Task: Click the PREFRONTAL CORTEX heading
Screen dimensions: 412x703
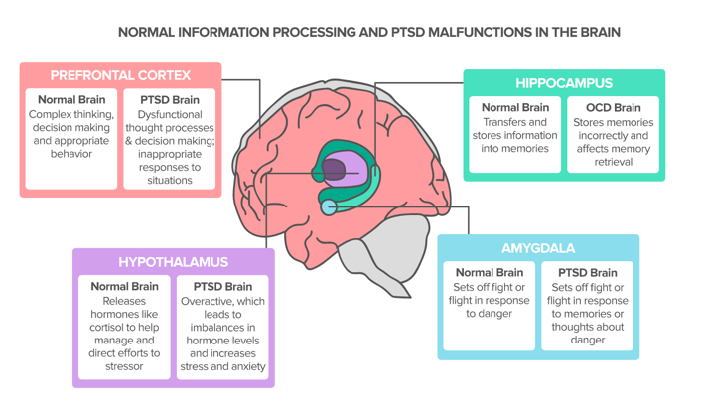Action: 120,75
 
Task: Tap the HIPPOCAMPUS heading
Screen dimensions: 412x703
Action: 563,83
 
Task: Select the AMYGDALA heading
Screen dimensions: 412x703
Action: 538,248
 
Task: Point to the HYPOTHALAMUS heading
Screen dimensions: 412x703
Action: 173,262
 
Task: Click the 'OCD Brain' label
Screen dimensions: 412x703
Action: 613,107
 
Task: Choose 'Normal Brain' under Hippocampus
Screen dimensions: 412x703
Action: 515,107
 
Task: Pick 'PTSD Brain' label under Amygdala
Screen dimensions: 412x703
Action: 588,272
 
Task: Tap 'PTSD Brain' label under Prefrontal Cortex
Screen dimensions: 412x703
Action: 169,99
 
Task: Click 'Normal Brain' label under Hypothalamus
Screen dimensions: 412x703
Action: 124,286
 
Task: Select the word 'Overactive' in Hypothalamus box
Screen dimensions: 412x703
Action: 208,301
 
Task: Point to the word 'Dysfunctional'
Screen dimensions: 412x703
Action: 169,114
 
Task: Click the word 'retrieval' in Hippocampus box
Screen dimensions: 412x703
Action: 613,163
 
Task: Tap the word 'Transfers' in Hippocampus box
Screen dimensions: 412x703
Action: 514,122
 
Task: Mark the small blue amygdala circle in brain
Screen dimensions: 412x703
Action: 328,206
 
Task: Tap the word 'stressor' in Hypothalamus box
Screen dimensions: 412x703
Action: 124,366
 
